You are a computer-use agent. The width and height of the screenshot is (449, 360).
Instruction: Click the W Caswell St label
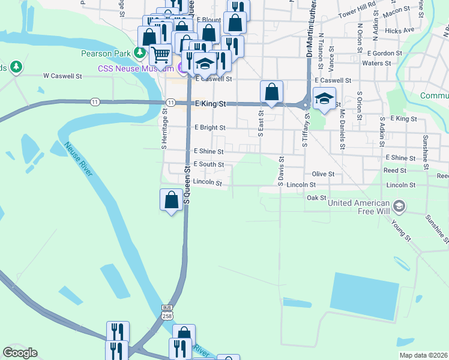point(62,76)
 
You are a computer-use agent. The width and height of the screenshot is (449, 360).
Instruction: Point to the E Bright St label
point(209,128)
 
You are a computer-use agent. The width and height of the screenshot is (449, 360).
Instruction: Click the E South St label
point(208,164)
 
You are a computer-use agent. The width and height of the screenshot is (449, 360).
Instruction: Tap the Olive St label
point(322,173)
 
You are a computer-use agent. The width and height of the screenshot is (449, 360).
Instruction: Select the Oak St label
point(316,197)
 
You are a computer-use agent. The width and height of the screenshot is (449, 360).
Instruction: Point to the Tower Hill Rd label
point(357,13)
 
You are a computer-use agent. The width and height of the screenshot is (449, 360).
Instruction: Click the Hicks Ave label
point(400,30)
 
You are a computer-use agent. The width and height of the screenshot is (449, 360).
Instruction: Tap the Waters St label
point(377,63)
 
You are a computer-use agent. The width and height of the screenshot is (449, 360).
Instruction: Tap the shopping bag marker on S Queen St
point(172,200)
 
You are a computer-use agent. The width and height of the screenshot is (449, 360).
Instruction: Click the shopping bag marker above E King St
point(271,92)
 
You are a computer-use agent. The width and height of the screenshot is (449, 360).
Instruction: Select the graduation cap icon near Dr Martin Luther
point(324,98)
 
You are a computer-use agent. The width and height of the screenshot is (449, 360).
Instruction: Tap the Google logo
point(20,353)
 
